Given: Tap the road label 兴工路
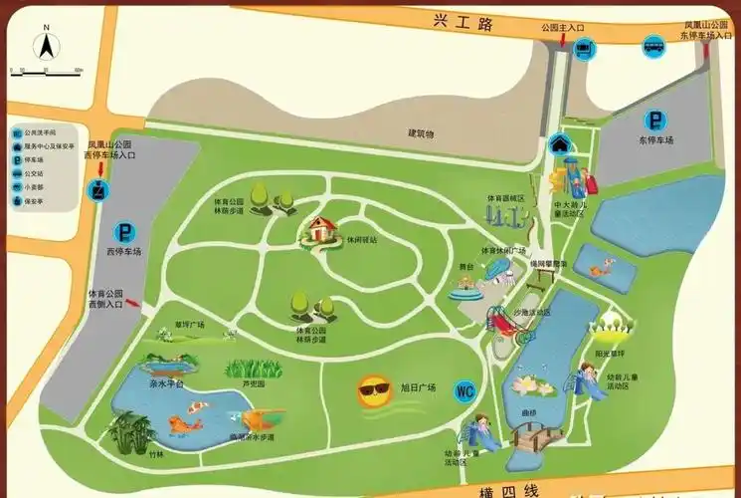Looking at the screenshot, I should (x=463, y=23).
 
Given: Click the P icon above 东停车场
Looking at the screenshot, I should (x=655, y=121).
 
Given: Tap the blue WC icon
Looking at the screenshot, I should (x=464, y=391).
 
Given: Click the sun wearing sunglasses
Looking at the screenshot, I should (x=375, y=391).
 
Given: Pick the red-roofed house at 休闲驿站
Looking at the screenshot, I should (x=320, y=230).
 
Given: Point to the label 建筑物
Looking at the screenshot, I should (x=422, y=133).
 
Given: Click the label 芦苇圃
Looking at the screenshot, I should (x=253, y=383).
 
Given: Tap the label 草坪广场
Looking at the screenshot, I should (x=188, y=325).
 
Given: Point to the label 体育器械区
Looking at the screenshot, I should (x=505, y=198).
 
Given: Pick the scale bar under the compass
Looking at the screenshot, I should (x=46, y=71).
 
